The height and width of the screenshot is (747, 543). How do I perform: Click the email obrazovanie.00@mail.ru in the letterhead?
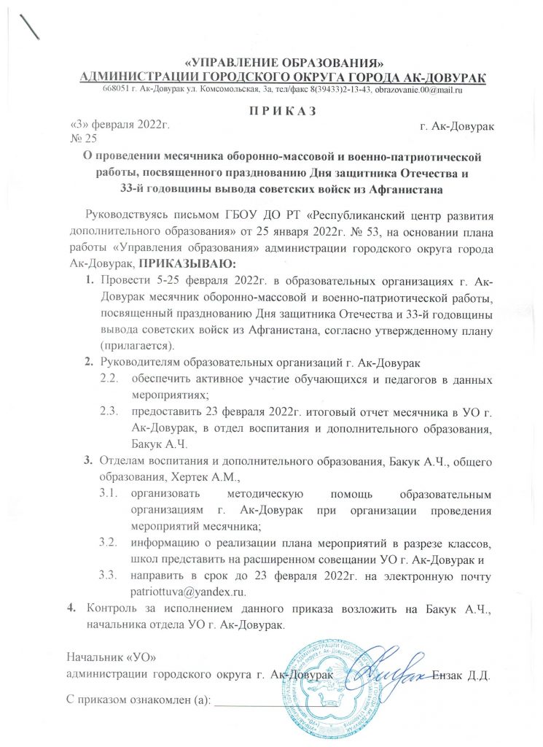(420, 90)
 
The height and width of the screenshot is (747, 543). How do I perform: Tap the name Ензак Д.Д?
(462, 674)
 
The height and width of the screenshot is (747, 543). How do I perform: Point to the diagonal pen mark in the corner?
(30, 26)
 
